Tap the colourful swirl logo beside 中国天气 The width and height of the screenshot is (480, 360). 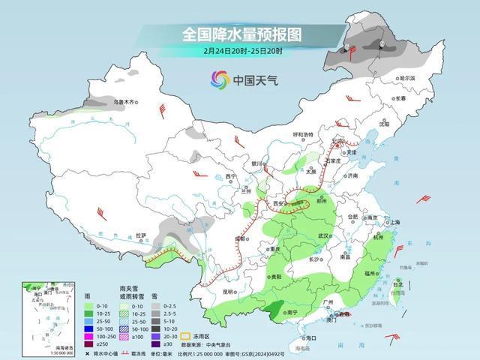(x=220, y=79)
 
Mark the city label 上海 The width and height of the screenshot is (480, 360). (x=396, y=223)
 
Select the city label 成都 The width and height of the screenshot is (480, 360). (x=239, y=238)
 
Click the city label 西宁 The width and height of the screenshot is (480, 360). (x=231, y=176)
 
